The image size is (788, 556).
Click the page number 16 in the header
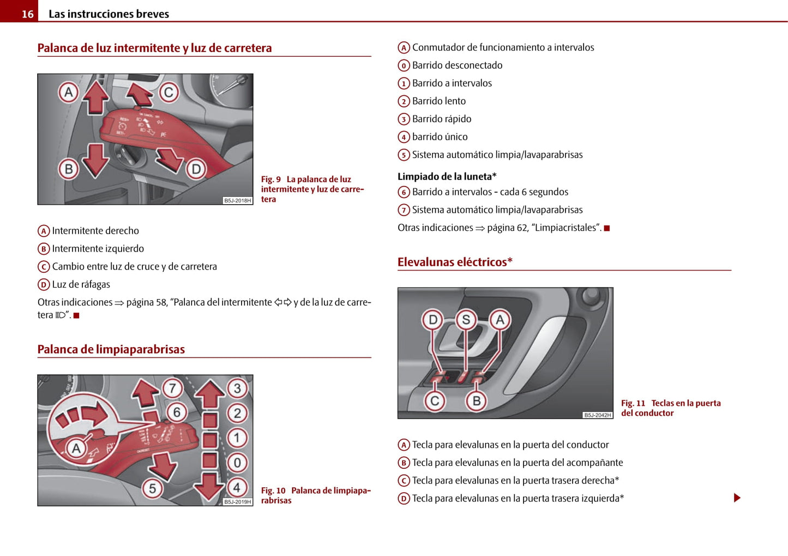point(27,14)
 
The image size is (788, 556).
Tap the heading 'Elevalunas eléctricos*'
point(455,262)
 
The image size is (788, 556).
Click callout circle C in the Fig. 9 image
point(169,93)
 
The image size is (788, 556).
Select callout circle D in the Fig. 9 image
point(196,169)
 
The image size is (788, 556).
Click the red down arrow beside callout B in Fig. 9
point(96,160)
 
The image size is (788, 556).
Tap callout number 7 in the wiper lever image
point(172,388)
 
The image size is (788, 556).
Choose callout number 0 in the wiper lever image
point(237,463)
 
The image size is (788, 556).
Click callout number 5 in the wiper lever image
point(152,488)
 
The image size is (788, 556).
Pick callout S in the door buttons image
point(466,320)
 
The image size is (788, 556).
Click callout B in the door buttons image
point(476,401)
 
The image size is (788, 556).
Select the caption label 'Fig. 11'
point(633,403)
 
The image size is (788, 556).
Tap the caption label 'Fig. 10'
point(273,491)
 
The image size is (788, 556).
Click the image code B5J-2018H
point(238,201)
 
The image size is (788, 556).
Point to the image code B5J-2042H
point(598,415)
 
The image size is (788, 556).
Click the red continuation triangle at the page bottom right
point(737,498)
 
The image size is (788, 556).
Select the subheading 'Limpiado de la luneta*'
point(447,176)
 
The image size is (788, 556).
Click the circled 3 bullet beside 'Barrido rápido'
point(404,119)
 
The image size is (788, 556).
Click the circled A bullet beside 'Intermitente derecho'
point(44,231)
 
